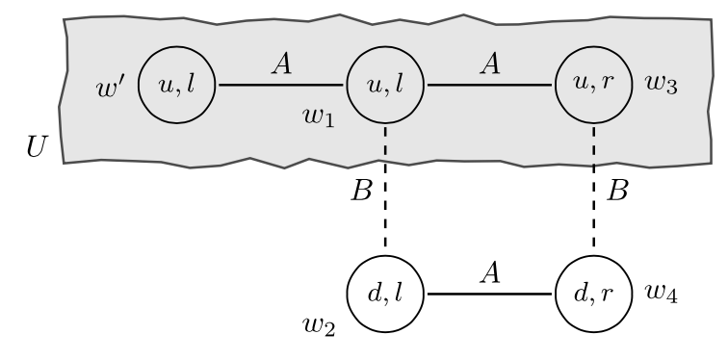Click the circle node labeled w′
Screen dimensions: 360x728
[177, 86]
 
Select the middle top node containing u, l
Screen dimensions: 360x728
[385, 86]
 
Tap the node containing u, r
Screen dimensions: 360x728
[594, 86]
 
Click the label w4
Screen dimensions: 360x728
[663, 293]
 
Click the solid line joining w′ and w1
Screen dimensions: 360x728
[281, 86]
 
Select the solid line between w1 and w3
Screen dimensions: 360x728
[489, 86]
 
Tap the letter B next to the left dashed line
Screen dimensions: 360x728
[360, 190]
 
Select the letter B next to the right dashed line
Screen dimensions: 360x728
[619, 190]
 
